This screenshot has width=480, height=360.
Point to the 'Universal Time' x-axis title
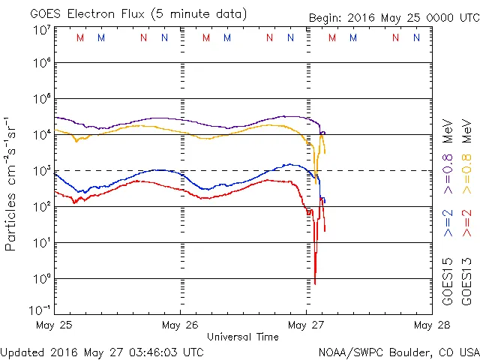coord(243,337)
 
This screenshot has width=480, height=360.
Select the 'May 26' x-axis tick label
coord(180,325)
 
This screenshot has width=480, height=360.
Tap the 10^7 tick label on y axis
coord(41,30)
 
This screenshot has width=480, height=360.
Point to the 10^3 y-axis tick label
coord(41,172)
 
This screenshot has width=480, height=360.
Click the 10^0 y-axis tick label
coord(41,280)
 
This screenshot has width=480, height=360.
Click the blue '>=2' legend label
coord(448,224)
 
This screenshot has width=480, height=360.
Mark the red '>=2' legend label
coord(466,224)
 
